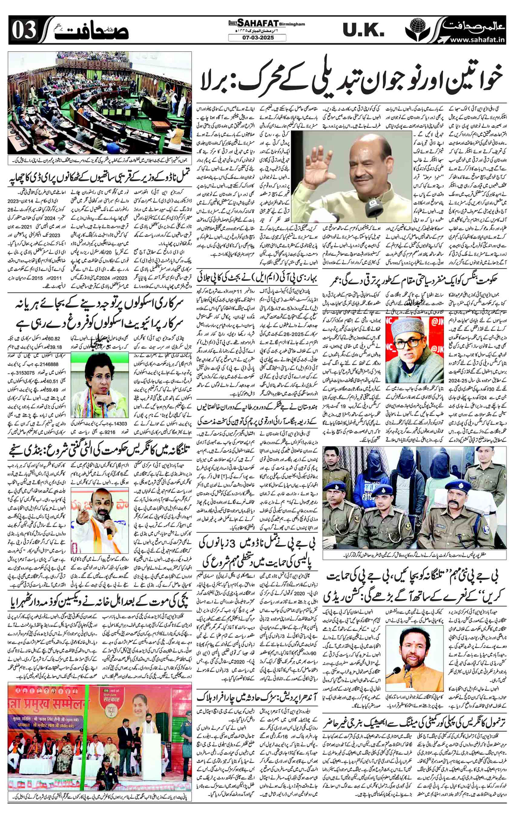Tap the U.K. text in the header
point(363,31)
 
